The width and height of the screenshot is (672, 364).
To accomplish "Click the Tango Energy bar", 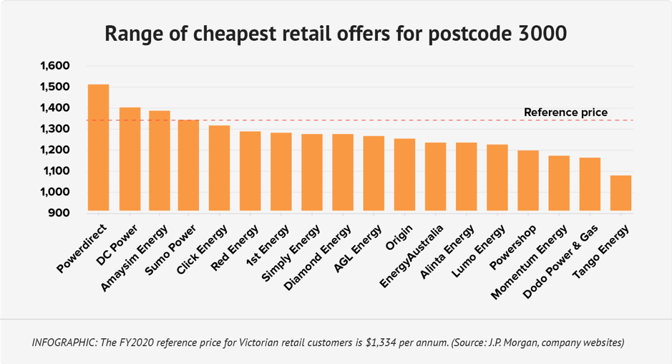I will pyautogui.click(x=620, y=194).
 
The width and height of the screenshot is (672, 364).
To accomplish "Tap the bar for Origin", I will pyautogui.click(x=405, y=176).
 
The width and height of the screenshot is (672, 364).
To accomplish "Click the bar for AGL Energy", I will pyautogui.click(x=374, y=174).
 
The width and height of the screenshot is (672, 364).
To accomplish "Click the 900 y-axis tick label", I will pyautogui.click(x=59, y=214).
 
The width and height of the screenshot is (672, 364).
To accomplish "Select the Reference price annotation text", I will pyautogui.click(x=565, y=112).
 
